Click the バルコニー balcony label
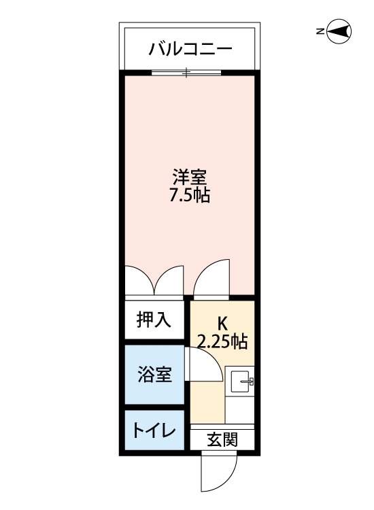tap(190, 49)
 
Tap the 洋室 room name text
tap(189, 179)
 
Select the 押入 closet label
tap(154, 320)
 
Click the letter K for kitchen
tap(222, 322)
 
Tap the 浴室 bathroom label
tap(154, 375)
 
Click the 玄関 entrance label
tap(222, 439)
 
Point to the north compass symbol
tap(339, 32)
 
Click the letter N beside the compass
tap(320, 31)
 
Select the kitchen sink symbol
tap(241, 384)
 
